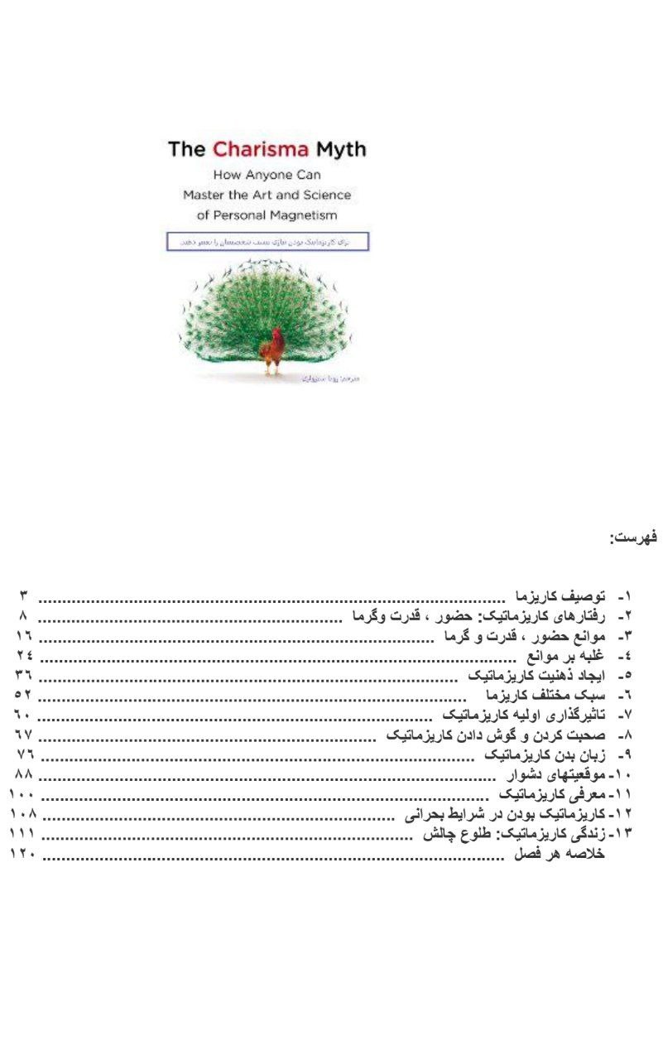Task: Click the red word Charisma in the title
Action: pos(260,150)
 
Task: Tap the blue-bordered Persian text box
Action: pos(267,240)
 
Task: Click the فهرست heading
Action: pos(633,537)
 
